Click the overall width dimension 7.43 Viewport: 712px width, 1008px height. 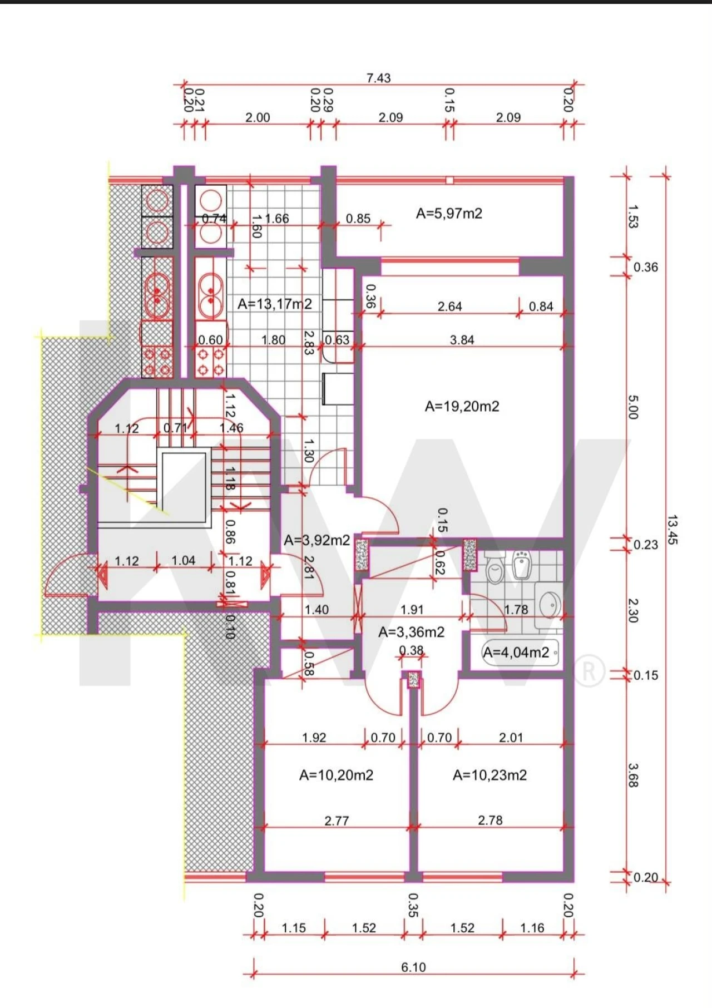(x=379, y=78)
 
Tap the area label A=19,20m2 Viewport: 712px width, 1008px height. (x=462, y=406)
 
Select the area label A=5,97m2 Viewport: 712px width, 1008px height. (x=449, y=213)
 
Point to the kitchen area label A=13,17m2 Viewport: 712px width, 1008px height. (x=275, y=304)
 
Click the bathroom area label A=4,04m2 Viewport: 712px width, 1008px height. (x=516, y=652)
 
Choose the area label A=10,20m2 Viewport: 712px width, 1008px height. (x=337, y=775)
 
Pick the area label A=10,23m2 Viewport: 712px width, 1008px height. (x=490, y=775)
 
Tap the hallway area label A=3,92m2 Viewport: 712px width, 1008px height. (x=317, y=540)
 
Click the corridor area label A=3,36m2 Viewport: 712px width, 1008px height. (x=412, y=632)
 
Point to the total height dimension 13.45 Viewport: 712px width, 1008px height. (x=673, y=530)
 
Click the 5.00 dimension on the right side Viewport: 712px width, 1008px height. (x=633, y=407)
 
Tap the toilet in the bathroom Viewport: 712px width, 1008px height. (x=494, y=568)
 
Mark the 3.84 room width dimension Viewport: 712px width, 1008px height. (x=462, y=340)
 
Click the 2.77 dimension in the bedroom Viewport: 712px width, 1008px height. (x=337, y=820)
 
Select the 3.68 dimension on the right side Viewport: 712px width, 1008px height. (x=633, y=775)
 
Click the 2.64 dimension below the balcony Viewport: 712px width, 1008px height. (x=450, y=307)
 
